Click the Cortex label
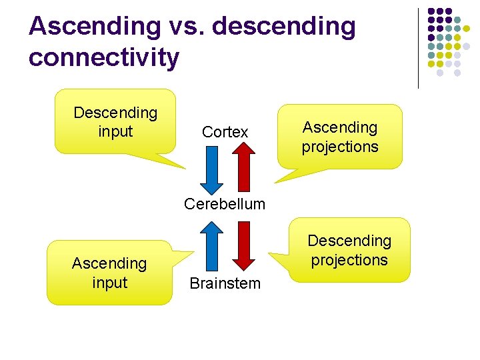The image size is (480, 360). coord(225,133)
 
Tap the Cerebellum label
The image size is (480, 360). coord(225,204)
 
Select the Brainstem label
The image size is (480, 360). coord(225,284)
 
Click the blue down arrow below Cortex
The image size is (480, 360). coord(211,168)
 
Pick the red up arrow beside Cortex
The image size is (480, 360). coord(243,168)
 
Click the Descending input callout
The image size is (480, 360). coord(115,123)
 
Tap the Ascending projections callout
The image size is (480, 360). coord(340,137)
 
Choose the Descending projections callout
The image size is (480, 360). coord(349,250)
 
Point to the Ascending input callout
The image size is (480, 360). coord(109,273)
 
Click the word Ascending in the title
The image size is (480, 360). coord(95,27)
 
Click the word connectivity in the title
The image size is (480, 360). coord(103,57)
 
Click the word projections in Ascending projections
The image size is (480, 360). coord(340,147)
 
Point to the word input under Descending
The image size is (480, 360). coord(115,132)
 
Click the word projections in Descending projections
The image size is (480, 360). coord(349,260)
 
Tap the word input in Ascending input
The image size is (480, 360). coord(109,283)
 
